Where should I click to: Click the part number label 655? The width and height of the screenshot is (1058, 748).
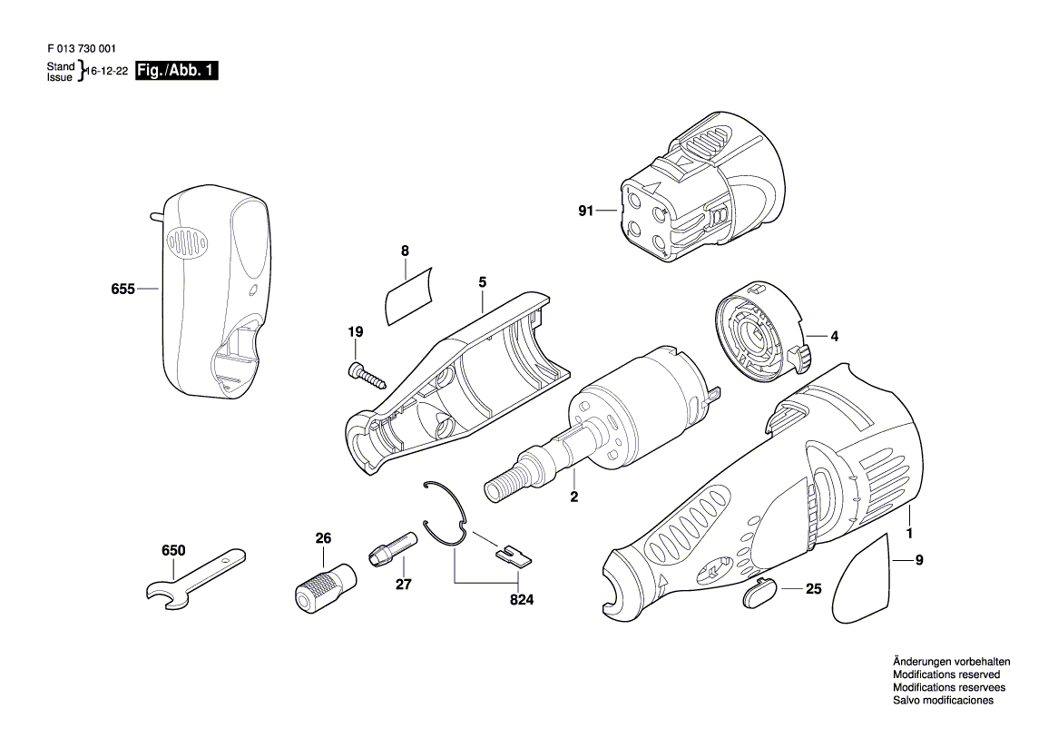(122, 290)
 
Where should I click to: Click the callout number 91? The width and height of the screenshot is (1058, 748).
(585, 212)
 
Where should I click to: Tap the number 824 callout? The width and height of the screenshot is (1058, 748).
(521, 600)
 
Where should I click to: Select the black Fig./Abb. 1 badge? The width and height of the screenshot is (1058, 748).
(176, 71)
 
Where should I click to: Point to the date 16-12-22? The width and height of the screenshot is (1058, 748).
(108, 71)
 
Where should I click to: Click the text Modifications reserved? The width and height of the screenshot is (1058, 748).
(946, 675)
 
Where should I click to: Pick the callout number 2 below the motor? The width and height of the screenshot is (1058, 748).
(573, 497)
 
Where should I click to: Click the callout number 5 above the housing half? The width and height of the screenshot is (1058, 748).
(483, 282)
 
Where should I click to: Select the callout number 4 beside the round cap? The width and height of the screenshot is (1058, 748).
(834, 337)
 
